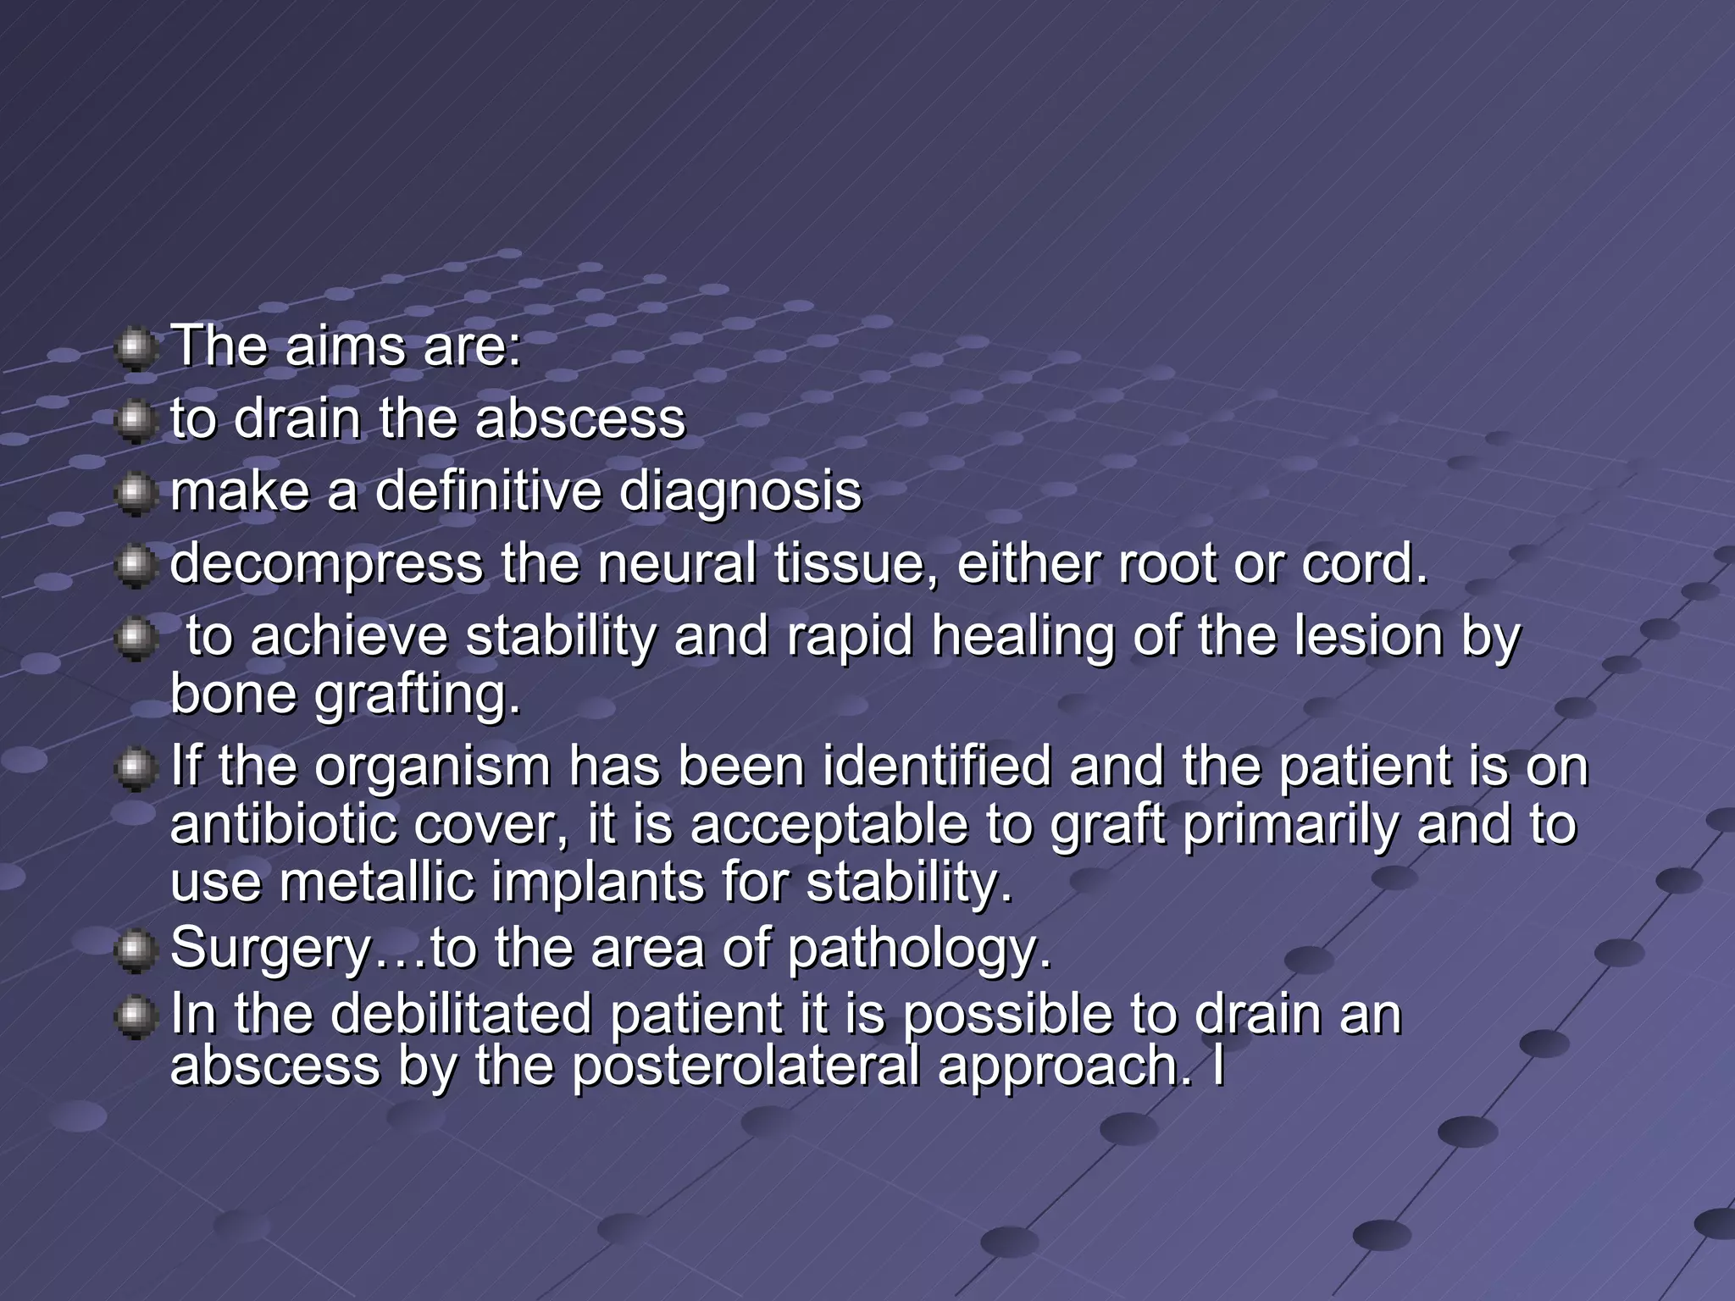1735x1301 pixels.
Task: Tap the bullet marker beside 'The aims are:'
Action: [x=134, y=350]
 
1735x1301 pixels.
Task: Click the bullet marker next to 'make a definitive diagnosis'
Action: [x=134, y=494]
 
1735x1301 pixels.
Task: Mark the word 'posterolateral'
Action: [x=746, y=1066]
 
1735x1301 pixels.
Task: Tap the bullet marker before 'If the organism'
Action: [x=134, y=770]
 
